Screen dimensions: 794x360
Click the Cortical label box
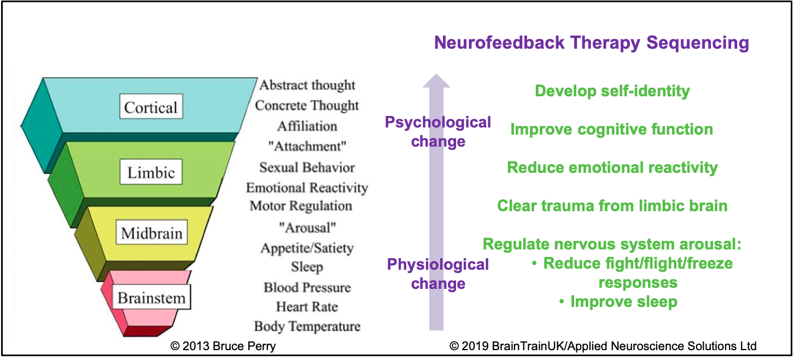(151, 106)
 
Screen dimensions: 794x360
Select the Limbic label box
(151, 172)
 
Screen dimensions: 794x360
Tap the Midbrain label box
(151, 233)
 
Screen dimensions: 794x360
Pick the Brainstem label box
(151, 297)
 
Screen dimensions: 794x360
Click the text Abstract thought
(307, 85)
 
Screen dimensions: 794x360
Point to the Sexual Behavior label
(307, 167)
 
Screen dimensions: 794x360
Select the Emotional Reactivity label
(307, 188)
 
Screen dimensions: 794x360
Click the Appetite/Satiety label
(307, 248)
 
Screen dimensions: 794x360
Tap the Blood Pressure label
(307, 287)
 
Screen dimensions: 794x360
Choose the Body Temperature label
(307, 326)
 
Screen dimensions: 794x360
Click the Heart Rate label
(307, 307)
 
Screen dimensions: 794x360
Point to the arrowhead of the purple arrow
(436, 74)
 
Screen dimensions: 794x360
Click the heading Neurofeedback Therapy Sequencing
(592, 43)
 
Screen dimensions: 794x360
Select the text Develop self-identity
(612, 91)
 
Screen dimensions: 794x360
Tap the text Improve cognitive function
(611, 130)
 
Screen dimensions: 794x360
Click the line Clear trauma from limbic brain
(612, 206)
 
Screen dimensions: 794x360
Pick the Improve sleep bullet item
(618, 302)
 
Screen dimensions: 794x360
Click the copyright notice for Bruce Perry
(223, 346)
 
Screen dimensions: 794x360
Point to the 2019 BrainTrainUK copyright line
(603, 346)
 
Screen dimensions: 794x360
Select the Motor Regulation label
(301, 206)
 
